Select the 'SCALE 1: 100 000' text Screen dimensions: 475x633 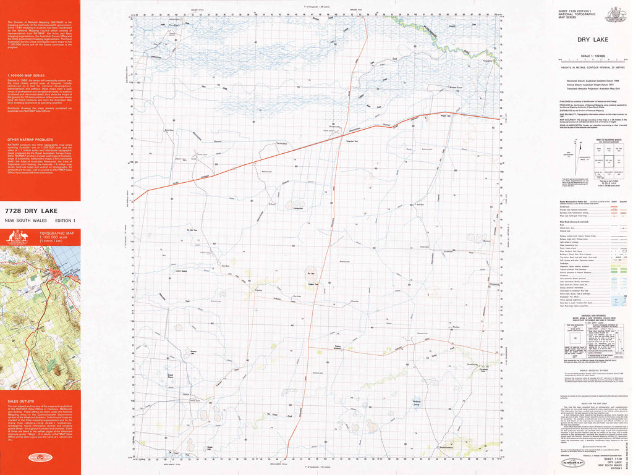591,56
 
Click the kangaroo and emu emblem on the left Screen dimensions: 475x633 17,237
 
